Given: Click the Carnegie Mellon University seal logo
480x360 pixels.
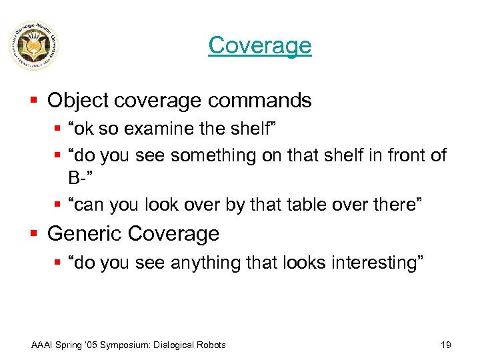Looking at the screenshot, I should pos(33,46).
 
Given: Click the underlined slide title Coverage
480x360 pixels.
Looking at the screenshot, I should pos(259,45).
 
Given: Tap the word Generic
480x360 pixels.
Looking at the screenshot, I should pos(85,234).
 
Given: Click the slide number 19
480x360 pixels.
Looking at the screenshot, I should pos(446,345).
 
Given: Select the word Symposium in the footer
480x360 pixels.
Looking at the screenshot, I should pos(124,345).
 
